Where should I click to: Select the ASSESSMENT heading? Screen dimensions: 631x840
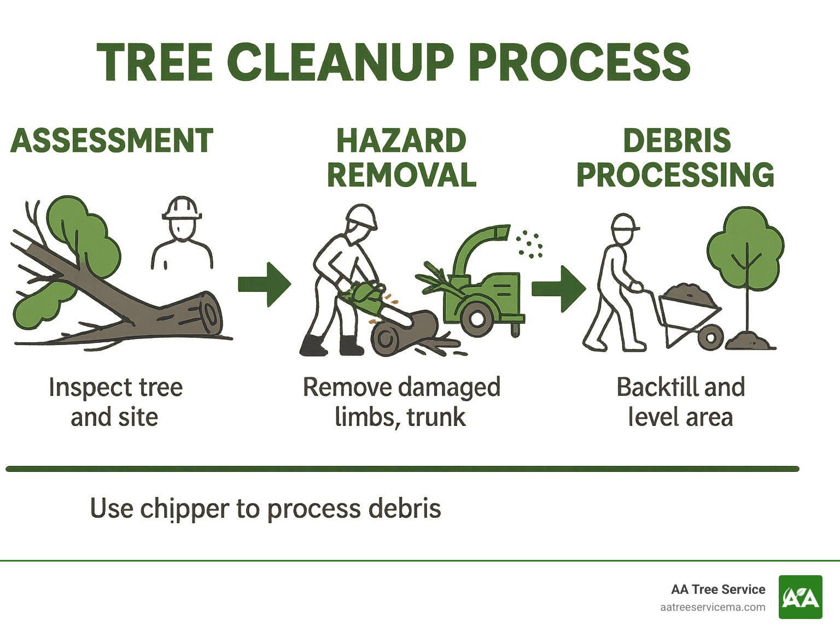[x=112, y=141]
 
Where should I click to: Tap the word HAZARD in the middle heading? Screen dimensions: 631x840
[x=401, y=141]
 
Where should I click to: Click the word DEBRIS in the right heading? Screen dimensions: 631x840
[x=676, y=141]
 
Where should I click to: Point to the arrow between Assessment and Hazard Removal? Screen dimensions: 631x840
[x=265, y=284]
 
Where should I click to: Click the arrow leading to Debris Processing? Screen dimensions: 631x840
[x=558, y=288]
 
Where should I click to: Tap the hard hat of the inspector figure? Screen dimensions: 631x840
[x=182, y=208]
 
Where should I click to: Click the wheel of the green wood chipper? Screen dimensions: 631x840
[x=477, y=319]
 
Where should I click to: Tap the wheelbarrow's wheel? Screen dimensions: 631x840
[x=710, y=337]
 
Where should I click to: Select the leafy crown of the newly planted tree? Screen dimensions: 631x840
[x=745, y=249]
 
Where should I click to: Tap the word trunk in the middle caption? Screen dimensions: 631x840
[x=436, y=417]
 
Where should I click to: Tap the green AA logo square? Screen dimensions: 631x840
[x=800, y=597]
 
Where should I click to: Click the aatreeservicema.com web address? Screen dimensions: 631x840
[x=712, y=607]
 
